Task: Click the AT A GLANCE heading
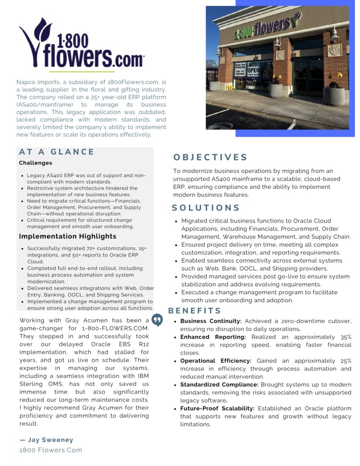tap(56, 152)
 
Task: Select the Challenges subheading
tap(35, 163)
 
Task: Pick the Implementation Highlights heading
tap(67, 236)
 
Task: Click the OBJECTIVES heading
tap(210, 157)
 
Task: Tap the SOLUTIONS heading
tap(206, 208)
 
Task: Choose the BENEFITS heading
tap(195, 311)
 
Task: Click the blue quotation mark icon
tap(157, 319)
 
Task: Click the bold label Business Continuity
tap(210, 321)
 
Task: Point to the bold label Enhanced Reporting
tap(213, 337)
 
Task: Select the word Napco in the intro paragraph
tap(26, 82)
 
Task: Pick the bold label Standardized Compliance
tap(219, 385)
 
